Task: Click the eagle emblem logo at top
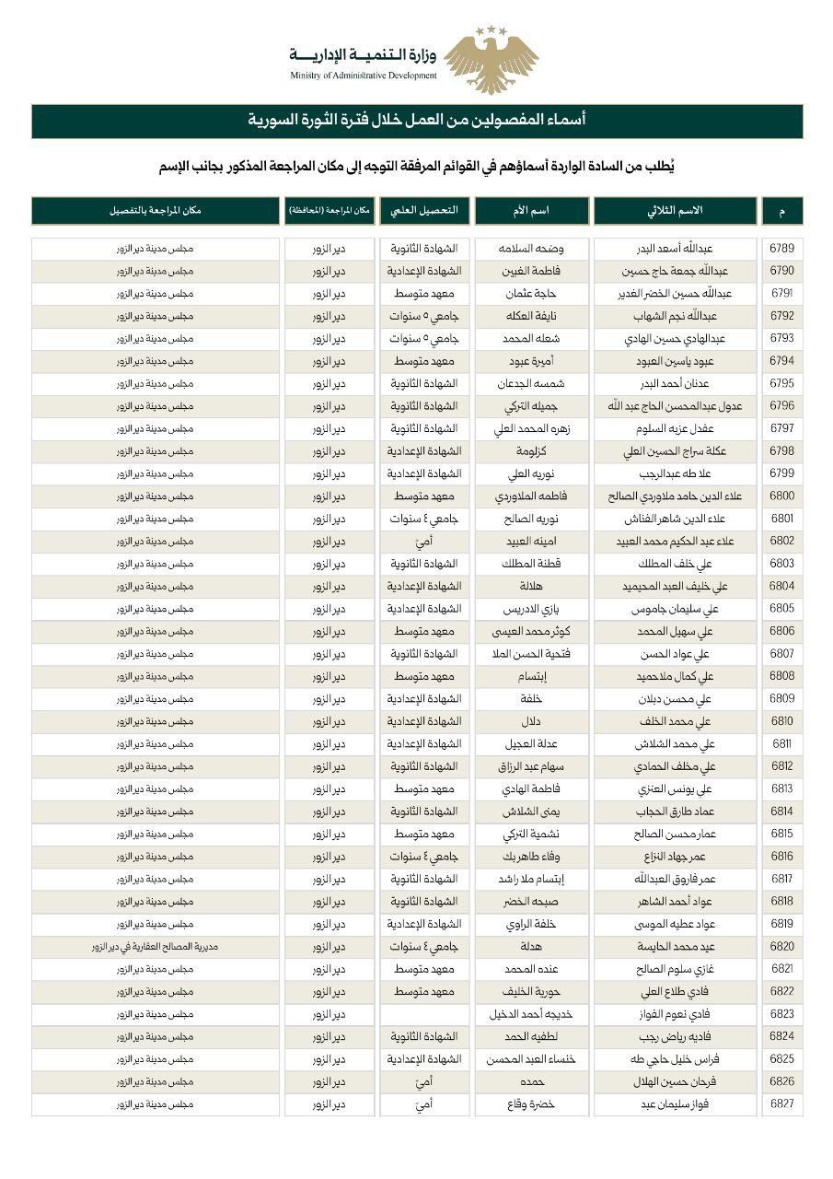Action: click(x=491, y=59)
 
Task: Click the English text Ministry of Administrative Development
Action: click(x=364, y=76)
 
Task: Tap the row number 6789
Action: click(x=781, y=249)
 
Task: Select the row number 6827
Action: click(x=781, y=1103)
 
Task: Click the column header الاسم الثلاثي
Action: click(x=675, y=210)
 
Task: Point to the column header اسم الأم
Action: click(x=531, y=210)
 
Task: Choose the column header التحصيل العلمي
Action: click(x=424, y=210)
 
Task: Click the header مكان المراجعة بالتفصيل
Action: click(x=155, y=210)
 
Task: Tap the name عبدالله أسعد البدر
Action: click(x=675, y=249)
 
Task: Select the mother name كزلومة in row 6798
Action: click(x=531, y=451)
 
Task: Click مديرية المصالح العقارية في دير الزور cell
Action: click(x=155, y=946)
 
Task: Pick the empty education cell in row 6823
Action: click(x=424, y=1013)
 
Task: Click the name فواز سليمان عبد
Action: click(x=675, y=1103)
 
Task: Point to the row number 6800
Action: click(x=781, y=496)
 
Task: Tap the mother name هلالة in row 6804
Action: click(x=531, y=586)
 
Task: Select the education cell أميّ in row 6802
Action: click(x=424, y=542)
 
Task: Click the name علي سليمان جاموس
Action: click(x=675, y=609)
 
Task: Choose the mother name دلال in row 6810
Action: click(x=531, y=721)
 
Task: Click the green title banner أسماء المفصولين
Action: click(x=417, y=121)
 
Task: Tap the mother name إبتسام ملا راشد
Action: click(x=531, y=879)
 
